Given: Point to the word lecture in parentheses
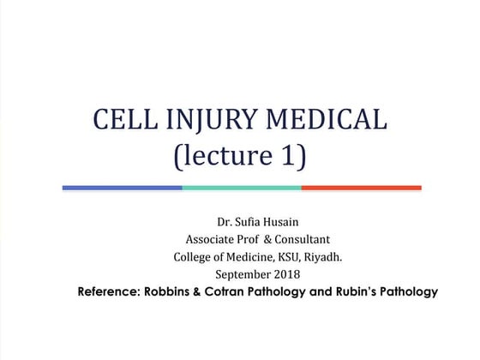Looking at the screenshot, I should click(x=227, y=157).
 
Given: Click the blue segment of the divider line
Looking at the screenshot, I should click(x=122, y=187).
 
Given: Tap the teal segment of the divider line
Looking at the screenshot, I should click(x=241, y=187).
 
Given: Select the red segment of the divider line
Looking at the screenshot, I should click(x=361, y=187).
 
